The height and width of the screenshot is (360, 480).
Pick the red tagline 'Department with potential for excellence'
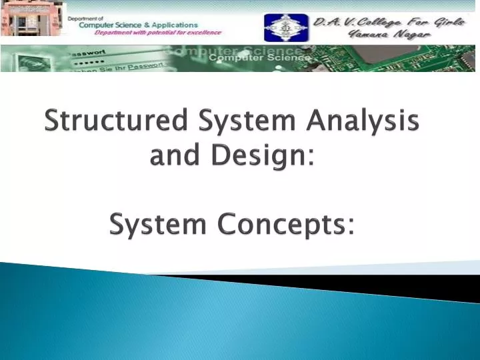click(157, 33)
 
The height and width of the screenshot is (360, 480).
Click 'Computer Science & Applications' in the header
click(137, 25)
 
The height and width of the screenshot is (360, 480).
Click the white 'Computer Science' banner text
click(260, 59)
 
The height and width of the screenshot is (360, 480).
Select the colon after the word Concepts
click(351, 227)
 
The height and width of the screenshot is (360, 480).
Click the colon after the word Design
click(311, 159)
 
